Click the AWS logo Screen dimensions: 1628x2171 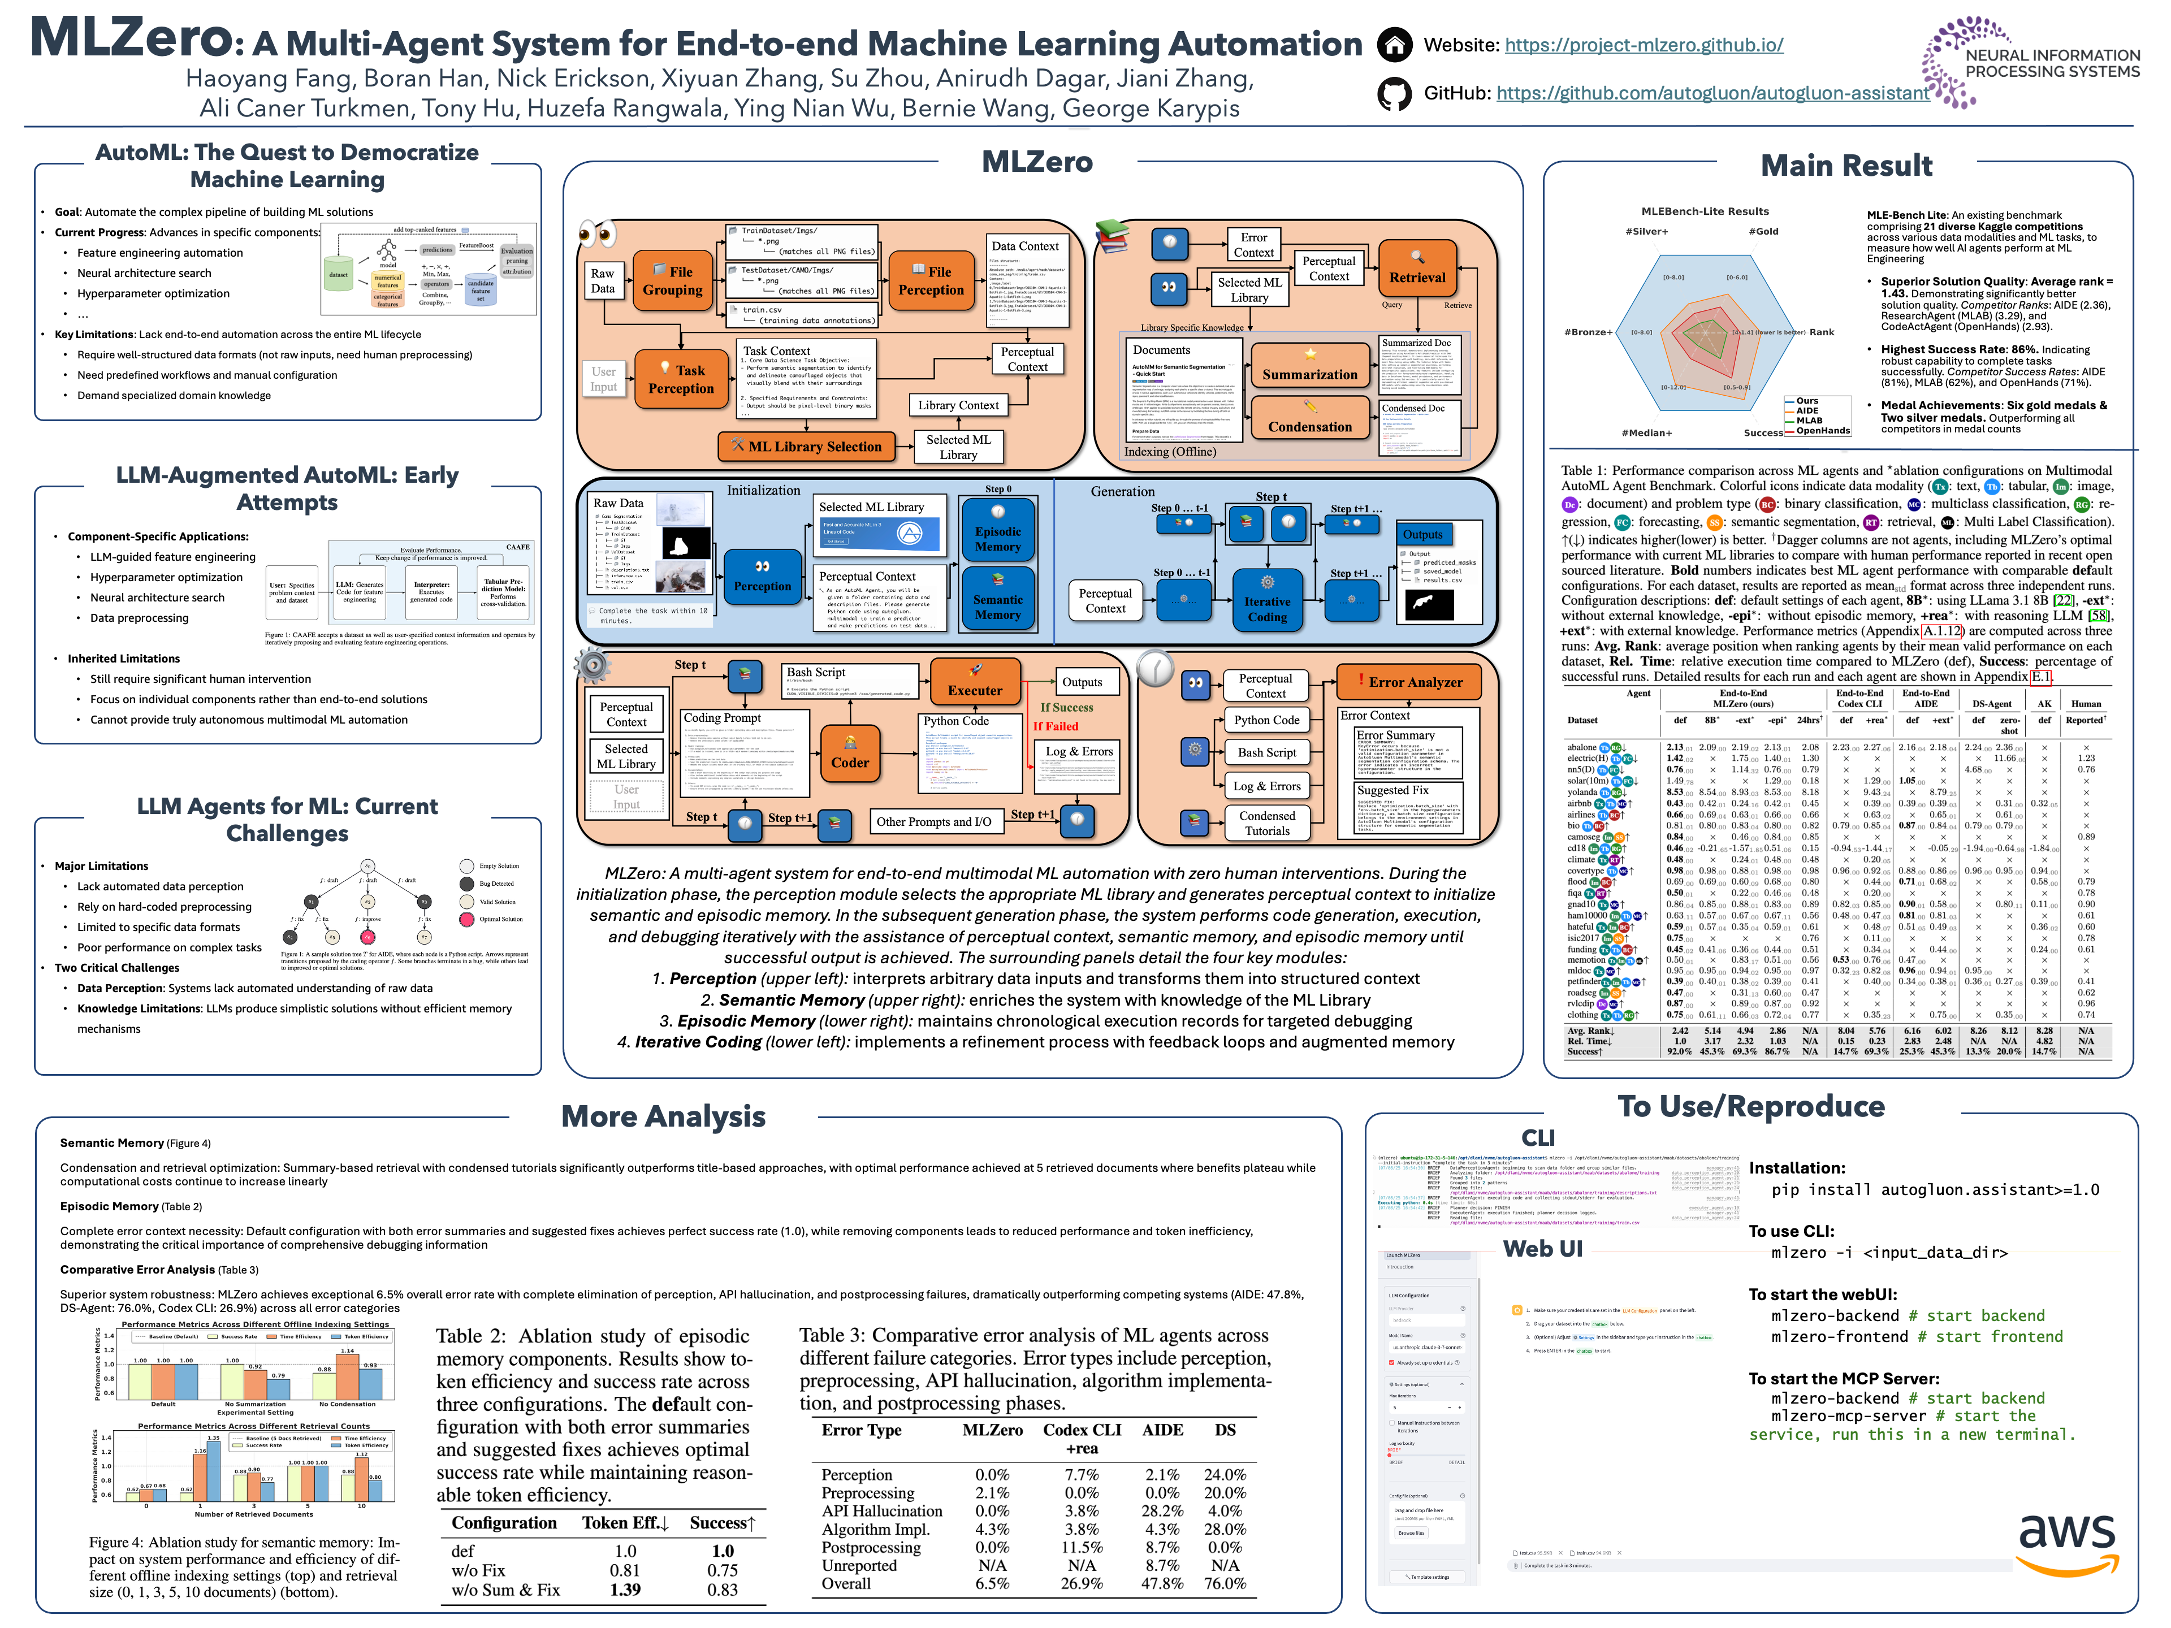(x=2065, y=1543)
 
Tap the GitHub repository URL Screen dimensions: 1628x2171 (x=1712, y=93)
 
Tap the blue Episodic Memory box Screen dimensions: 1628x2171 (x=997, y=531)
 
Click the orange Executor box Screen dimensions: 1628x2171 (x=975, y=681)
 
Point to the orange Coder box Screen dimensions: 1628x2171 (x=849, y=754)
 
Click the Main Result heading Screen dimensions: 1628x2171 (x=1845, y=166)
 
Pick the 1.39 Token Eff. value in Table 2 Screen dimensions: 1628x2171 (x=625, y=1590)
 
